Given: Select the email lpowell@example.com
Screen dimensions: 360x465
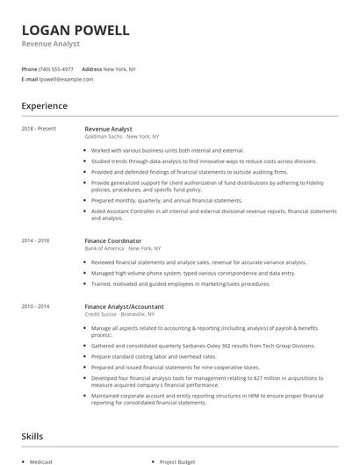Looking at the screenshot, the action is tap(66, 79).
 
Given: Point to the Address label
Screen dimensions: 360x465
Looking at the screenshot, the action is tap(91, 68).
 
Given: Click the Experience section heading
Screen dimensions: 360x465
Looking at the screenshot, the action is tap(45, 106).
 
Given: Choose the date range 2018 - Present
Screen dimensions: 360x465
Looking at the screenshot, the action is tap(39, 129).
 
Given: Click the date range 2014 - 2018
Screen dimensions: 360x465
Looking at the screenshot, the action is tap(36, 239).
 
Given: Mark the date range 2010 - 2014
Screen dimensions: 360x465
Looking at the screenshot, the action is tap(36, 306).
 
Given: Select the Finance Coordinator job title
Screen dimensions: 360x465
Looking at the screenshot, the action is tap(114, 239).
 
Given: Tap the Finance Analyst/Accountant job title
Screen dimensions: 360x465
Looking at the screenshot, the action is tap(124, 306).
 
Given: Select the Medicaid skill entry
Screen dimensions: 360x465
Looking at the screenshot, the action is tap(41, 459).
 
